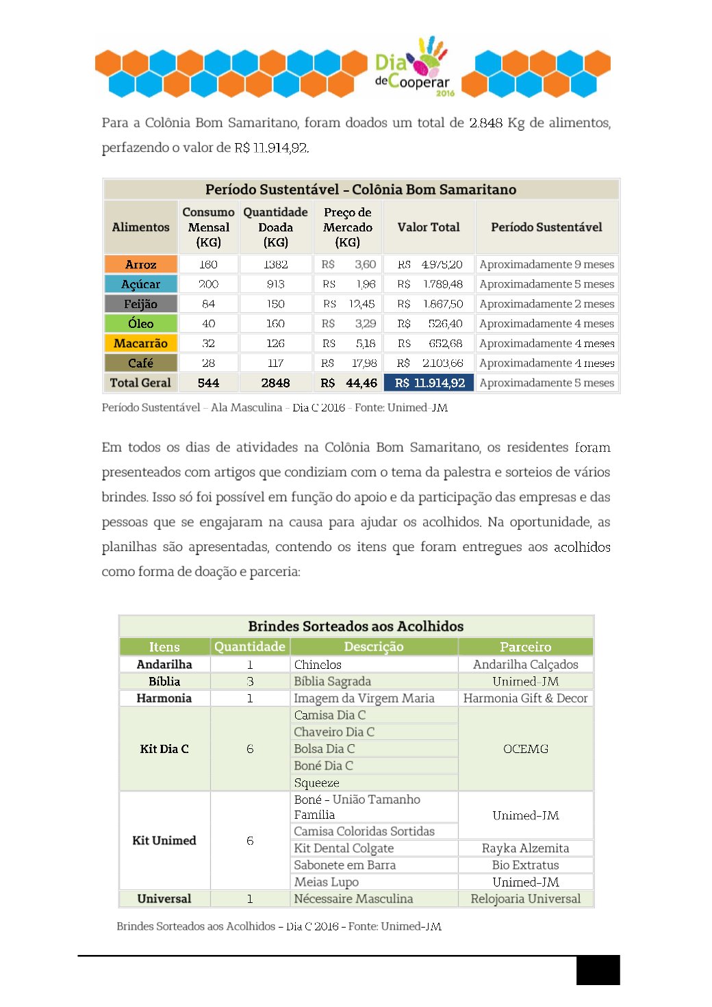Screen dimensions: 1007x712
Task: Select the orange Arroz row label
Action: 141,264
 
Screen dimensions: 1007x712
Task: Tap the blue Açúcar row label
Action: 141,284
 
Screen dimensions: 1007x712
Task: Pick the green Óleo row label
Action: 141,323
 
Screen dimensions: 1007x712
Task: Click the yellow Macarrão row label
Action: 141,343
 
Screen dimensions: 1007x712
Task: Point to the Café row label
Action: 141,363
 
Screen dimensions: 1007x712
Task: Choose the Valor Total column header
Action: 429,227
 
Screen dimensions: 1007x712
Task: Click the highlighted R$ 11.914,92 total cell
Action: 429,383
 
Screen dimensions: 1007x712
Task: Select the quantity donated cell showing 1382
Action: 275,264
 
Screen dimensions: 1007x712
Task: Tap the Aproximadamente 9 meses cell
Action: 546,264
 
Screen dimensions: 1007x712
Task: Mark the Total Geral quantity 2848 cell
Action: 275,383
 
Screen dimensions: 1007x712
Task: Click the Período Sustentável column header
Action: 546,227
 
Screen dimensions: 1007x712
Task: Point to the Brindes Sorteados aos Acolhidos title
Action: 356,626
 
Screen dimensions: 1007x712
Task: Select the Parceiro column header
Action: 525,647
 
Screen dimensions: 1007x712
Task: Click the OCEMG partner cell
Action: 526,749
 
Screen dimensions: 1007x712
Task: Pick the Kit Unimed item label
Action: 164,840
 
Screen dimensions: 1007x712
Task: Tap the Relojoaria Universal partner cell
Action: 525,899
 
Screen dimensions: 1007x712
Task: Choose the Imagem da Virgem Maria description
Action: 364,698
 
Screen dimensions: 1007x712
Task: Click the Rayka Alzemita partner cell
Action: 525,848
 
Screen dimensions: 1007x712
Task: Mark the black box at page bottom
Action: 598,970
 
